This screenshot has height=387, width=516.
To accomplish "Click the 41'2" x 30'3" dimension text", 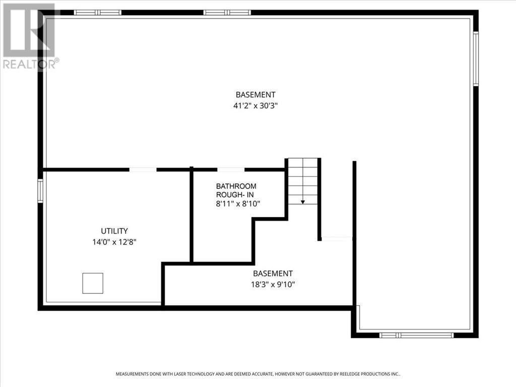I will [255, 106].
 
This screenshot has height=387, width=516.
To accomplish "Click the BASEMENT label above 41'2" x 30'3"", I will [255, 95].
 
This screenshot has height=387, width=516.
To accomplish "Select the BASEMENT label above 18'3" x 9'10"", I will [273, 274].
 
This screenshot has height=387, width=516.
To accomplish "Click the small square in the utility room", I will [93, 283].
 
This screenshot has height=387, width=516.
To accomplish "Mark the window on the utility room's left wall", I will [40, 191].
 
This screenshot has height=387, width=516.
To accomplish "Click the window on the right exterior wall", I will [475, 58].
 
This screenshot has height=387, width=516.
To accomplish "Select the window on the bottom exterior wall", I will [416, 335].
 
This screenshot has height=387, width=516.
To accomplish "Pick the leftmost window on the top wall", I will [98, 13].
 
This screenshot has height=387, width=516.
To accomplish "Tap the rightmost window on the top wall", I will [227, 13].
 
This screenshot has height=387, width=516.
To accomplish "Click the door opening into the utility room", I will [143, 170].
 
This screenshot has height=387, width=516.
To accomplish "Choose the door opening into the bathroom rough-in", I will [231, 170].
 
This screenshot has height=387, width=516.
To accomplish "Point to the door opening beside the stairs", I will [337, 239].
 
